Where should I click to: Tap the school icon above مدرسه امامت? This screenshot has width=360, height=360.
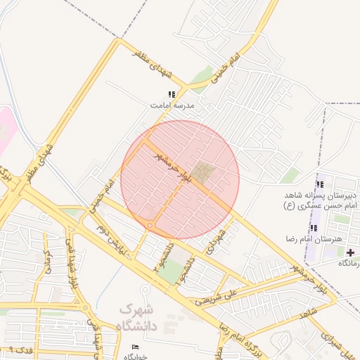tap(171, 94)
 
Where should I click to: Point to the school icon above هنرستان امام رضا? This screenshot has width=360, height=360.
tap(314, 228)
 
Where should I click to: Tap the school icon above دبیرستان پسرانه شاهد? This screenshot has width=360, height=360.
tap(321, 184)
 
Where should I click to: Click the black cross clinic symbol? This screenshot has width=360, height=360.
tap(350, 252)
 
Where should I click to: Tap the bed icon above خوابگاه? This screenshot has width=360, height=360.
tap(136, 347)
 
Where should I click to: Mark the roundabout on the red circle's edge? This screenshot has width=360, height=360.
tap(150, 225)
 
